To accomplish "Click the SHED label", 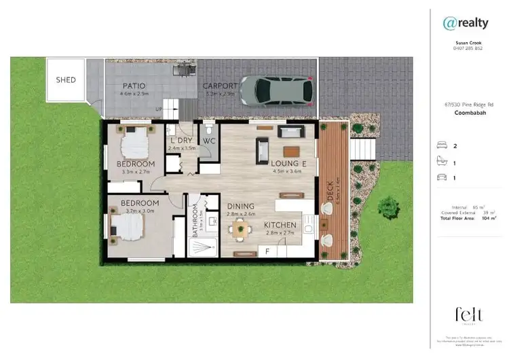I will (66, 80).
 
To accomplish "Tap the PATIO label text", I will (134, 86).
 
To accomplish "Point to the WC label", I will (208, 141).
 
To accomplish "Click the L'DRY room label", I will (181, 139).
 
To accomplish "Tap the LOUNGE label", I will (290, 164).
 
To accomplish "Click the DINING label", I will (240, 206).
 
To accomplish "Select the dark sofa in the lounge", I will (262, 150).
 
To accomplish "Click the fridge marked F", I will (268, 251).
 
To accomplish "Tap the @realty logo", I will (466, 23).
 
